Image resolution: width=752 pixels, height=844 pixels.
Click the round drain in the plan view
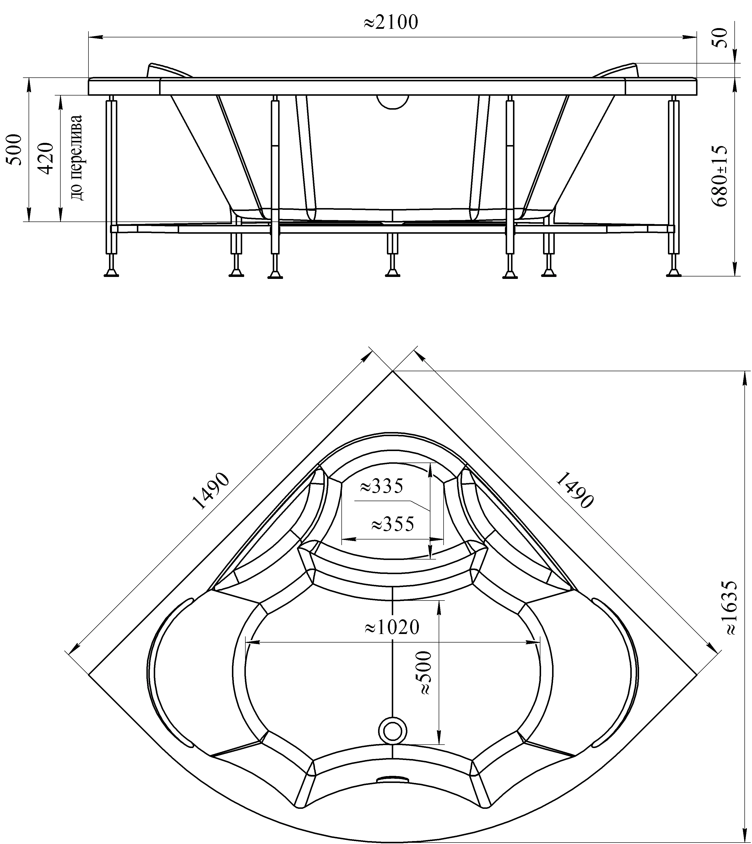[x=392, y=730]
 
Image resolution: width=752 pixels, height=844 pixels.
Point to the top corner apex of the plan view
[x=392, y=371]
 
